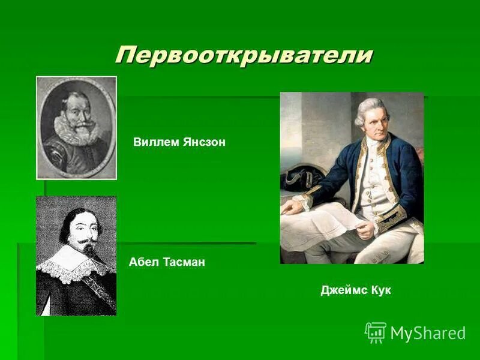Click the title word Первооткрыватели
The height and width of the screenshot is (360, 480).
coord(244,55)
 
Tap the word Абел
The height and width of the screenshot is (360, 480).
coord(142,262)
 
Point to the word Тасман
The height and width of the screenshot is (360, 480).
coord(184,262)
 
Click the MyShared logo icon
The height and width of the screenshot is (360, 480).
coord(376,332)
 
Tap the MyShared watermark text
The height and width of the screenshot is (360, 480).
coord(428,333)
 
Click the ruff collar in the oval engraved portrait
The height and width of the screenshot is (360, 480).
coord(76,129)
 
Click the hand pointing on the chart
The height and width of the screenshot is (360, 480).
coord(294,207)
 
